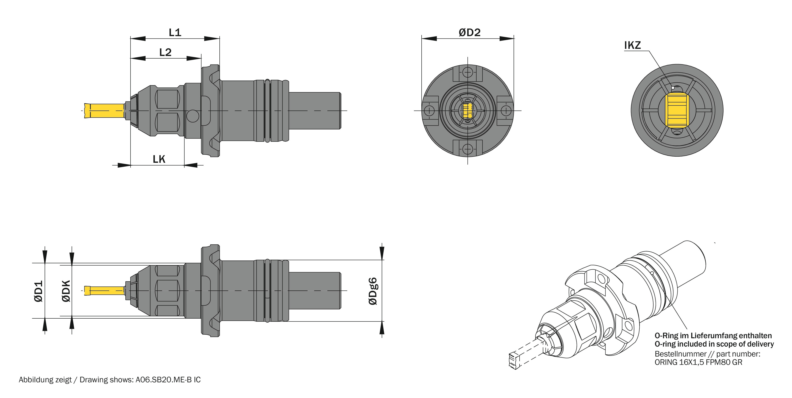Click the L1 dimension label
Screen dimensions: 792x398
point(175,32)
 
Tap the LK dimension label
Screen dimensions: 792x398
point(159,159)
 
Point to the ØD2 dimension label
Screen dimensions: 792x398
point(469,32)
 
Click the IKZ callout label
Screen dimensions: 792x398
point(632,45)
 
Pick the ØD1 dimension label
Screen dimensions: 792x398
point(38,291)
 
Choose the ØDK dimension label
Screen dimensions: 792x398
point(66,291)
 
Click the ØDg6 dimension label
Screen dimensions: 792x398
point(373,291)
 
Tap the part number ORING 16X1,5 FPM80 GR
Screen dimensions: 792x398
point(699,362)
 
